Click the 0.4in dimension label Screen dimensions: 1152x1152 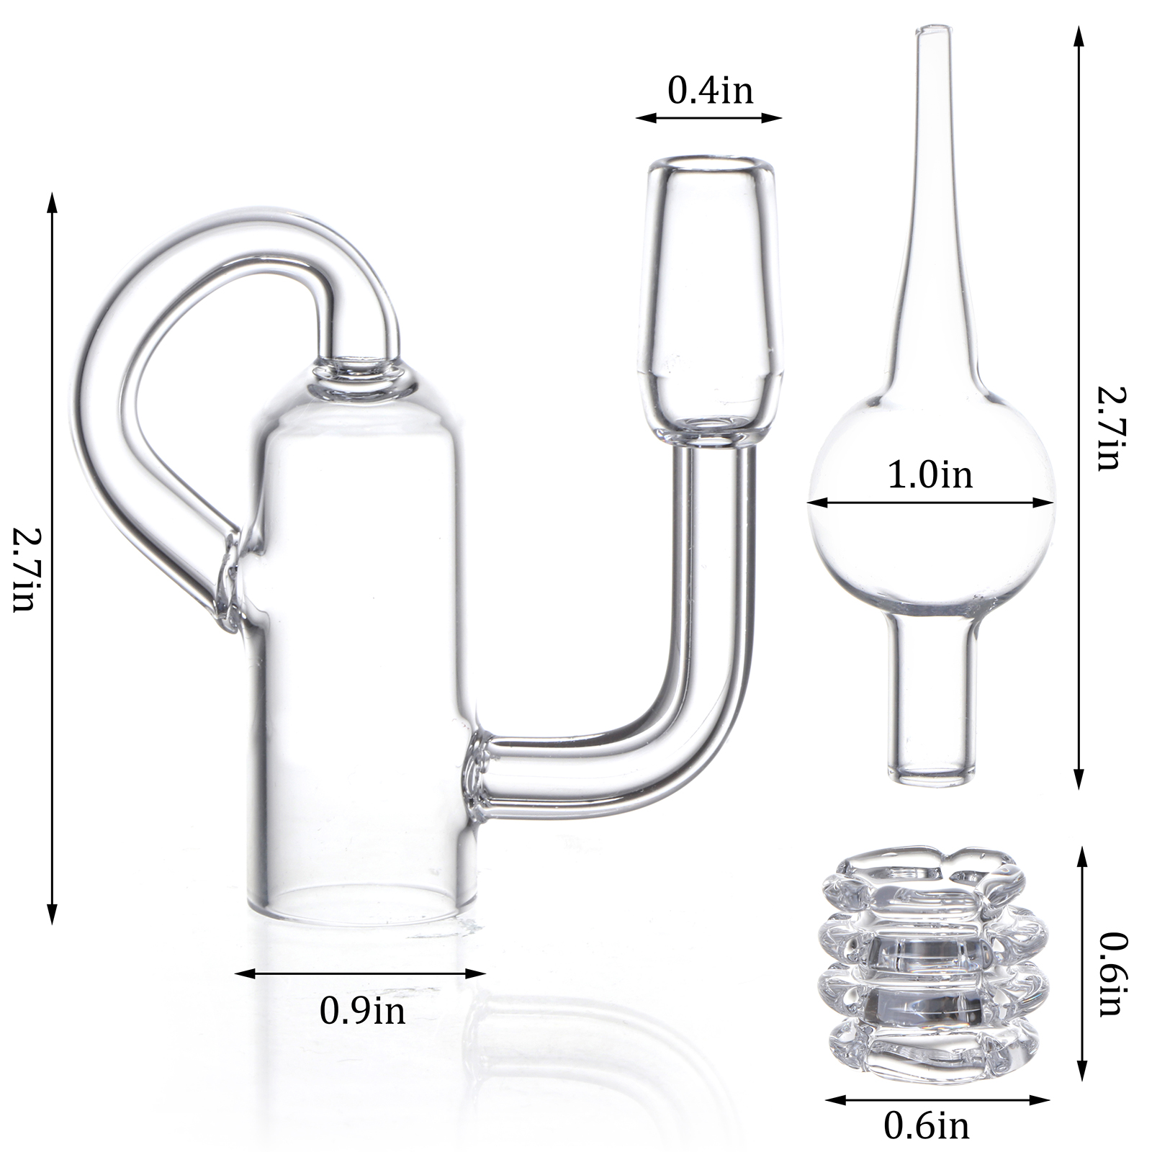710,91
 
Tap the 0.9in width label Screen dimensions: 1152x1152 362,1012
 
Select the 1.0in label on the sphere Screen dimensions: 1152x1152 930,476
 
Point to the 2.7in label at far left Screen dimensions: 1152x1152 24,570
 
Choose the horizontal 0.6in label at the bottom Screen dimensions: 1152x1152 927,1125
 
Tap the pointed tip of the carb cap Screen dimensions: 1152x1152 924,30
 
